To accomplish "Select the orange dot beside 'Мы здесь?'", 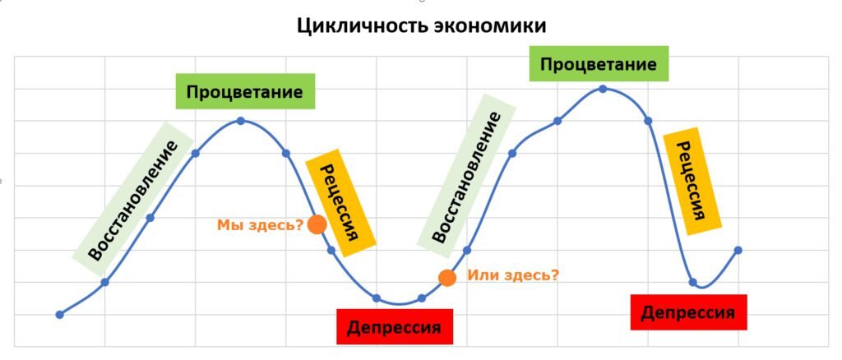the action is click(x=317, y=224).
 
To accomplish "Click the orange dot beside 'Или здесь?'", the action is click(x=446, y=278).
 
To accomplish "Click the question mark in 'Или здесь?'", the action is click(x=555, y=275).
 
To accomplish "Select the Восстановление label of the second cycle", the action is click(x=466, y=178).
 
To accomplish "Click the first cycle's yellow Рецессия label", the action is click(x=341, y=202).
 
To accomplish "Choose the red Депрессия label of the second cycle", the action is click(x=687, y=312).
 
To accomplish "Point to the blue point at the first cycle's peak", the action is click(x=240, y=121).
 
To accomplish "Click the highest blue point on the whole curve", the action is click(x=603, y=89).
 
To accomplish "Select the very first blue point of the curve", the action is click(x=59, y=314).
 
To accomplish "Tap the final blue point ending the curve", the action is click(x=738, y=250).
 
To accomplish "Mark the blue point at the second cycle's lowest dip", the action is click(x=692, y=282).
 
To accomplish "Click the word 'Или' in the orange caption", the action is click(x=480, y=275).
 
